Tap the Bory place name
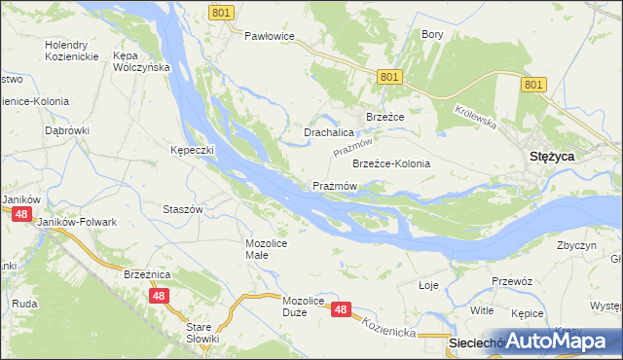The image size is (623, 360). (x=431, y=34)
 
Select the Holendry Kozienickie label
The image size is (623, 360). (x=73, y=52)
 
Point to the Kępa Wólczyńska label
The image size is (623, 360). (x=142, y=61)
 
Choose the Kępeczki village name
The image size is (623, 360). (x=192, y=151)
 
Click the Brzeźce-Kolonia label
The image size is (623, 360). (x=390, y=163)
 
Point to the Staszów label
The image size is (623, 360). (x=182, y=209)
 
